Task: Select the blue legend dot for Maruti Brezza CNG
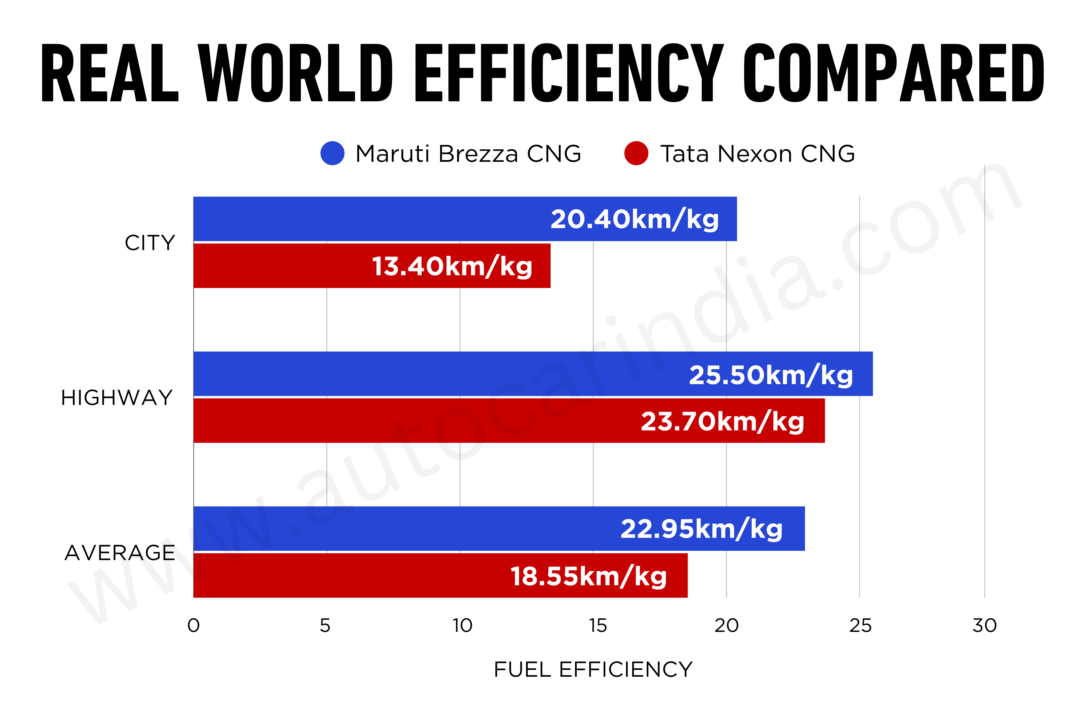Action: (x=332, y=153)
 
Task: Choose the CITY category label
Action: (x=150, y=243)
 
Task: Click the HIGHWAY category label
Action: (x=117, y=397)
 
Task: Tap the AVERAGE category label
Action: (x=120, y=553)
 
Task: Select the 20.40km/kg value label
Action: (x=635, y=219)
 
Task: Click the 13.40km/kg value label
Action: (x=452, y=266)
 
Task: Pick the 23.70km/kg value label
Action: (x=722, y=421)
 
